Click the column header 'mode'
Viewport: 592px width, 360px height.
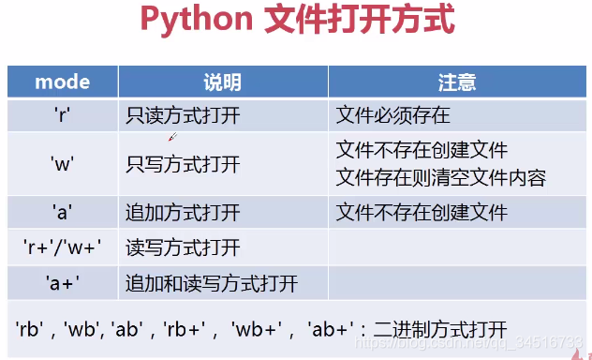click(x=62, y=82)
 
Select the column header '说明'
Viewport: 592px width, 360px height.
click(x=222, y=82)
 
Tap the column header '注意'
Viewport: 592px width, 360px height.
click(x=457, y=82)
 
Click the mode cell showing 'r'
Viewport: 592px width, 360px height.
click(x=62, y=115)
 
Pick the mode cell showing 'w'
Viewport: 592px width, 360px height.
click(x=62, y=164)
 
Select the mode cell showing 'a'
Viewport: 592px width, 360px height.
click(x=62, y=212)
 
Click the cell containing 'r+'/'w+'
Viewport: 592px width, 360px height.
click(x=62, y=247)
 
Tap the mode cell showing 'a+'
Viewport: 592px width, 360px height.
click(x=62, y=282)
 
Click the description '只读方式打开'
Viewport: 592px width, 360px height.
click(x=183, y=115)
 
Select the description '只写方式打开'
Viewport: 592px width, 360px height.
click(x=183, y=164)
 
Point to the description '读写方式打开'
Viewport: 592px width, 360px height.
click(x=183, y=247)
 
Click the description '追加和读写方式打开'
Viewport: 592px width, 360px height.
click(x=211, y=282)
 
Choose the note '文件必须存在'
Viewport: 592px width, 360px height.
click(x=392, y=115)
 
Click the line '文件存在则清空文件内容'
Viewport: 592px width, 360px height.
click(x=440, y=177)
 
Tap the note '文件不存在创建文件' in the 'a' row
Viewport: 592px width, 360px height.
click(x=421, y=212)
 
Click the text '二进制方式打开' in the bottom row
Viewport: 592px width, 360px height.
click(x=439, y=330)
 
